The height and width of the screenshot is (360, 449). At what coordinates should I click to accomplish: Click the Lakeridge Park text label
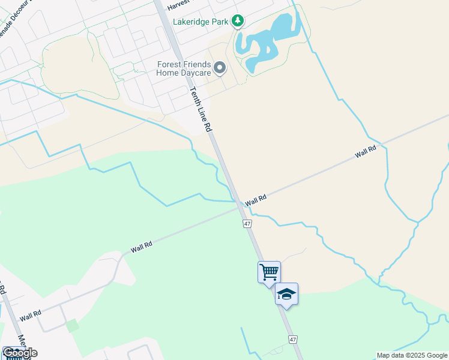click(x=200, y=22)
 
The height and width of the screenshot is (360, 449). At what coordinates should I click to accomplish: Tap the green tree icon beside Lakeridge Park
click(x=238, y=22)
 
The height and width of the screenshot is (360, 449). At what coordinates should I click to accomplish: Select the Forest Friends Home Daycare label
click(x=184, y=68)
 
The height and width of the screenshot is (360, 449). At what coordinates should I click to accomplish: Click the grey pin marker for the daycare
click(x=220, y=68)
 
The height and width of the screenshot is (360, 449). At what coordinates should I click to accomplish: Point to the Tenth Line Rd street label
click(x=200, y=110)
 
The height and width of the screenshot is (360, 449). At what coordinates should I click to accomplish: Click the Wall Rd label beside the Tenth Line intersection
click(x=255, y=199)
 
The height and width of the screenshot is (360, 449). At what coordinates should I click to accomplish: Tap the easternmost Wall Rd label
click(x=365, y=151)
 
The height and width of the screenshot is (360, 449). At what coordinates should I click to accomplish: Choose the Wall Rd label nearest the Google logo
click(x=29, y=314)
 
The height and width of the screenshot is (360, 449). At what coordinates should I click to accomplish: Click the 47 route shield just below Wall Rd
click(x=247, y=223)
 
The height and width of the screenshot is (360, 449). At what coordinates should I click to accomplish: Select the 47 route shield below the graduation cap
click(x=293, y=339)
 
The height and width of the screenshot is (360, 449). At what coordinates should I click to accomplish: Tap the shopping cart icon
click(x=269, y=272)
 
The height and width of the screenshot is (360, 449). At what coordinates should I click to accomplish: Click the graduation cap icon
click(x=286, y=294)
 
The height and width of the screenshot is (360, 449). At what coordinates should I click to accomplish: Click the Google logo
click(x=20, y=352)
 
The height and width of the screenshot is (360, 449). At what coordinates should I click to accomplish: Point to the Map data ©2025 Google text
click(x=412, y=355)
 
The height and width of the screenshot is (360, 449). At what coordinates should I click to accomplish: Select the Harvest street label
click(x=179, y=5)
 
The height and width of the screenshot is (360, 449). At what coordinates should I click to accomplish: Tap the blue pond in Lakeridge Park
click(x=267, y=43)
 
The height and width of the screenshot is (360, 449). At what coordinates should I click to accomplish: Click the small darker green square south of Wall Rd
click(x=72, y=326)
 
